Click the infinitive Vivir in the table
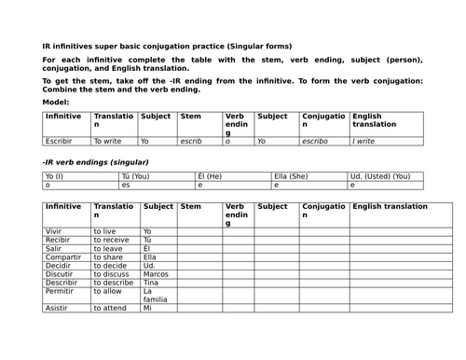click(x=54, y=230)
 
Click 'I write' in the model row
click(x=364, y=141)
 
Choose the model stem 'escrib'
click(x=191, y=141)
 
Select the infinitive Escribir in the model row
click(x=60, y=141)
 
